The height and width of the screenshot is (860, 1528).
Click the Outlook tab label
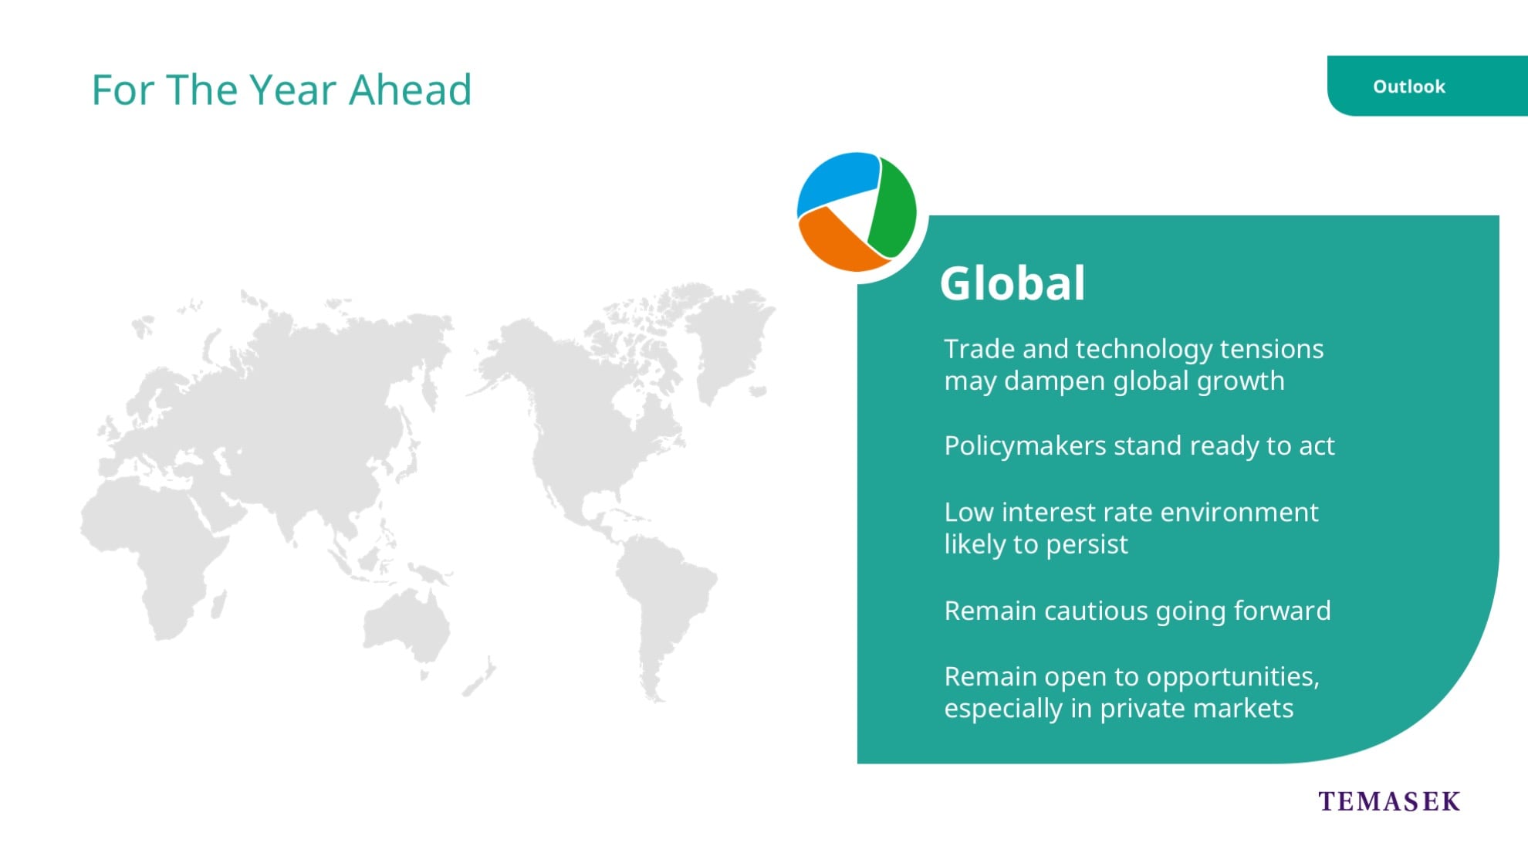point(1408,86)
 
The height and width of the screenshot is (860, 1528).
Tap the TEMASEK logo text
point(1389,801)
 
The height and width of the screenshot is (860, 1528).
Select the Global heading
point(1012,283)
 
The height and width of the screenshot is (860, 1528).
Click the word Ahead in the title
point(410,90)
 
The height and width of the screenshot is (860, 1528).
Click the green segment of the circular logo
point(894,208)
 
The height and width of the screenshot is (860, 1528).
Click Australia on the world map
point(407,625)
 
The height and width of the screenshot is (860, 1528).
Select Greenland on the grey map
point(729,340)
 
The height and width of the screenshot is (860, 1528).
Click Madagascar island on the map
point(218,604)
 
